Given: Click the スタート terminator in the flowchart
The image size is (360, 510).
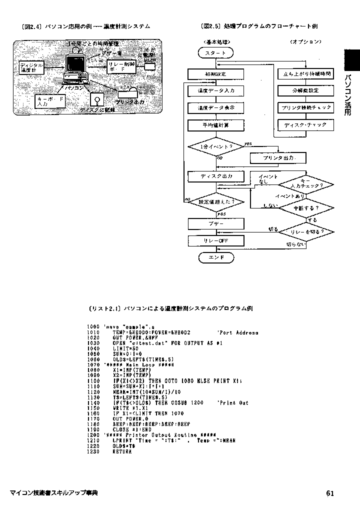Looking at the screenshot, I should [x=215, y=52].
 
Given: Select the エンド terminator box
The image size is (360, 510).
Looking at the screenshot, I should [x=215, y=257].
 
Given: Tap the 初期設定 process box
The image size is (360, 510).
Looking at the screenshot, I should [x=215, y=74].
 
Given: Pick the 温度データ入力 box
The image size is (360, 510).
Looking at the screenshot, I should [x=215, y=91].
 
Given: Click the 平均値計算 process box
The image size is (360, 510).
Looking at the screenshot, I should [x=215, y=125].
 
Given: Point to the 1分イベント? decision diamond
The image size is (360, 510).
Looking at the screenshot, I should [x=215, y=146].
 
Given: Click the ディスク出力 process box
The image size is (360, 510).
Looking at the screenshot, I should [x=215, y=176].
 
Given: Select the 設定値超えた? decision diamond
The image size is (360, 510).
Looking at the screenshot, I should [x=215, y=201].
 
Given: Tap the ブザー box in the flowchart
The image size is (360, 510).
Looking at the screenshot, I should [x=215, y=223].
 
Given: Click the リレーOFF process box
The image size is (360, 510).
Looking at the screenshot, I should [x=215, y=240].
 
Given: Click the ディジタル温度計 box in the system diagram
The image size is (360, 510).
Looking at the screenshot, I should [x=31, y=67].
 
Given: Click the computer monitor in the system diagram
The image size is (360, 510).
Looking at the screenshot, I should [x=76, y=64].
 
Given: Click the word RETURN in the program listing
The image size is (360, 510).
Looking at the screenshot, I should [x=122, y=451].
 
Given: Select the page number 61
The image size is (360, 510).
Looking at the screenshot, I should [x=330, y=493].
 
